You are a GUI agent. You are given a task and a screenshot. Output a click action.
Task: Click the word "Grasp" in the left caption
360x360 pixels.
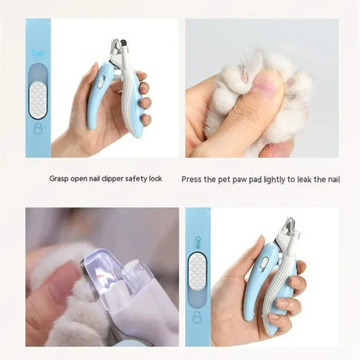pos(60,178)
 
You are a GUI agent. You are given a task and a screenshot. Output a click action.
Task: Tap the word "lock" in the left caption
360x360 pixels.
pos(155,178)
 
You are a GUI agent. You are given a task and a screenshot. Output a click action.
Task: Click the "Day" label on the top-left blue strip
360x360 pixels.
pos(37,53)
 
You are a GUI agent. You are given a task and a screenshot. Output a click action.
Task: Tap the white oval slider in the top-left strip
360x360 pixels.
pos(37,91)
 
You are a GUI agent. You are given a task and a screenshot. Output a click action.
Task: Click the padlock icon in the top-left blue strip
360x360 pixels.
pos(37,129)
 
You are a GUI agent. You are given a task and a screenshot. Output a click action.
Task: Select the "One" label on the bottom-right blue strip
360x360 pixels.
pos(198,241)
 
